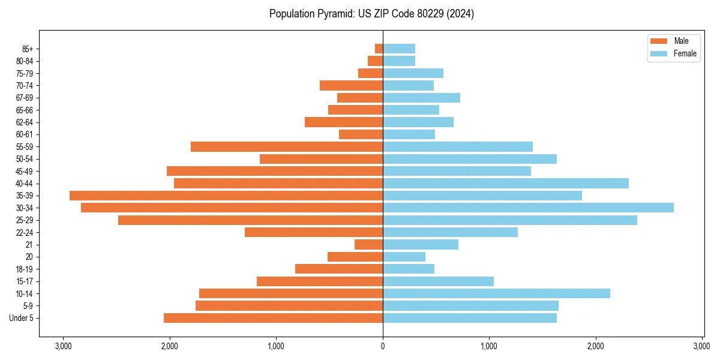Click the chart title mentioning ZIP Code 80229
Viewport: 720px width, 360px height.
point(371,14)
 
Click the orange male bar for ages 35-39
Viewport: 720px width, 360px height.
point(226,196)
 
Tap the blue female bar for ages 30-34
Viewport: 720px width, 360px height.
point(528,208)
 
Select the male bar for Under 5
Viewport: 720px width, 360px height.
point(273,318)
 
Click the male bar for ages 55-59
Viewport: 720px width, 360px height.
point(287,146)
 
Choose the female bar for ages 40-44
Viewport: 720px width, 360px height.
point(506,183)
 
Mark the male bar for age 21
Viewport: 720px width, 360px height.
point(368,244)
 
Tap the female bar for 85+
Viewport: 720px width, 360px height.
point(399,49)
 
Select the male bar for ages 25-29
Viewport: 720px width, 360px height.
point(250,220)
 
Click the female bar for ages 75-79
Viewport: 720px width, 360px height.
point(413,73)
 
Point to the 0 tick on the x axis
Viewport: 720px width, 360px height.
point(383,346)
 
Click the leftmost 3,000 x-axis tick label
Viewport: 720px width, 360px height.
point(63,346)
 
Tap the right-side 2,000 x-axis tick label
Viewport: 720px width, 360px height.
point(596,346)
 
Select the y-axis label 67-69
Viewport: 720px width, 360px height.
point(25,98)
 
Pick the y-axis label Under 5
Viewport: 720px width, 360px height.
point(22,318)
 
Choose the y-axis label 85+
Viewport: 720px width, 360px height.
point(28,49)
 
